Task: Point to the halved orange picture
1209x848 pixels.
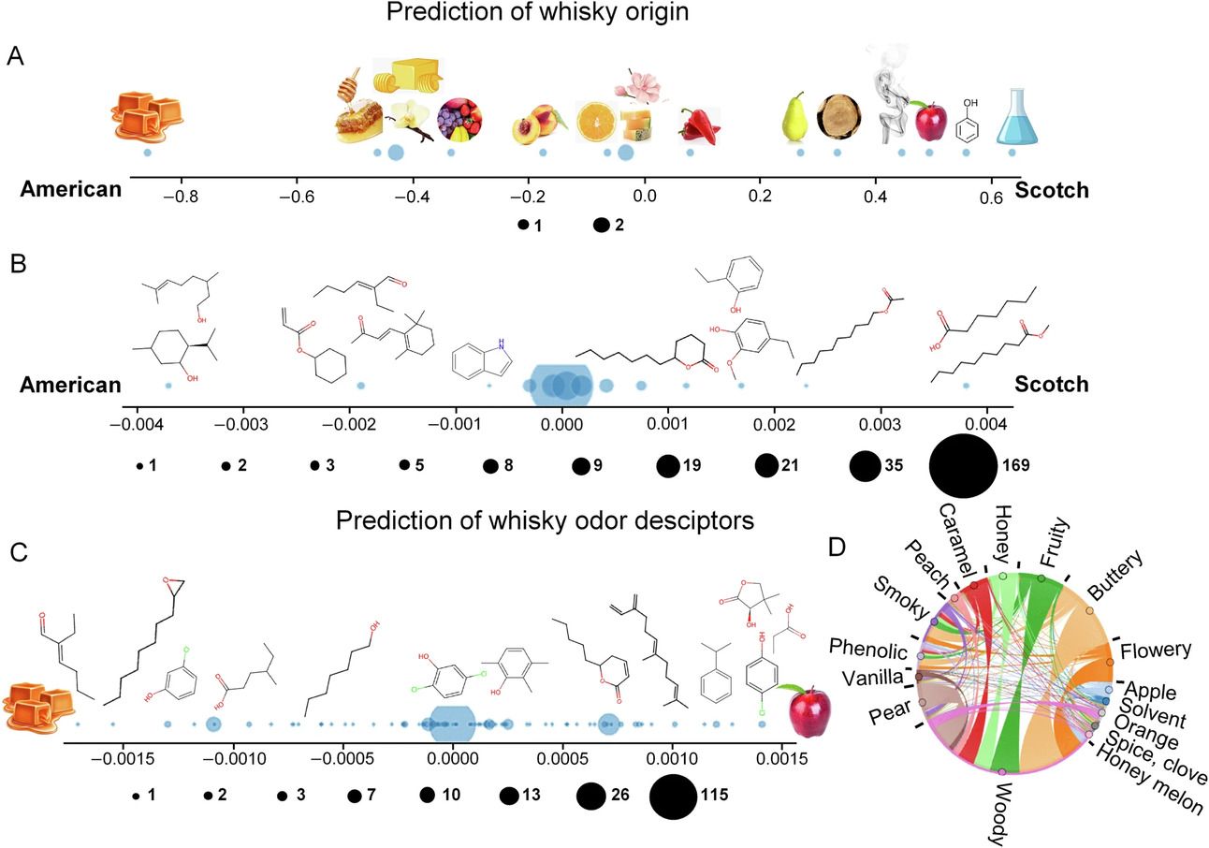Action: coord(595,122)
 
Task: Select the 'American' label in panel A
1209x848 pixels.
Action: coord(71,190)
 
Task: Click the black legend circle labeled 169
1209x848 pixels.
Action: coord(962,464)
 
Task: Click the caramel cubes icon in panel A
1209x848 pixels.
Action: coord(146,117)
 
